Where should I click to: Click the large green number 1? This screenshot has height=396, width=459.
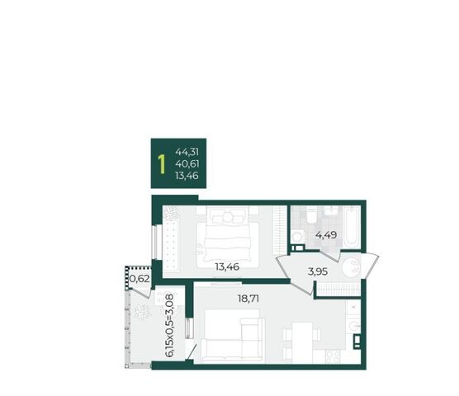(x=161, y=164)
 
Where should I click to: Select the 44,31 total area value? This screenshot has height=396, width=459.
(x=187, y=152)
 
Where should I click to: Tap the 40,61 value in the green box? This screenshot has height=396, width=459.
(x=187, y=164)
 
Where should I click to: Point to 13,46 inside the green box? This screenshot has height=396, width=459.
(x=187, y=176)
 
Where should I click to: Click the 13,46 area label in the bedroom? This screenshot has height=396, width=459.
(x=227, y=266)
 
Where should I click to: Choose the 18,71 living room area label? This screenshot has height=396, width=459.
(x=248, y=299)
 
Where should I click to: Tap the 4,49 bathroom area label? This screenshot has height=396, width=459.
(x=326, y=235)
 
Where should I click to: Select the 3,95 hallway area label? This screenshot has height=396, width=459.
(x=318, y=271)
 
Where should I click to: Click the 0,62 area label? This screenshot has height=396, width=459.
(x=140, y=279)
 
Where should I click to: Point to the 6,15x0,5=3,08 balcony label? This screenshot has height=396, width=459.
(x=169, y=325)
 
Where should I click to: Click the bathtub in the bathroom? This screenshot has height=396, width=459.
(x=352, y=227)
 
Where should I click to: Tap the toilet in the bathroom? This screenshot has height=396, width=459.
(x=311, y=215)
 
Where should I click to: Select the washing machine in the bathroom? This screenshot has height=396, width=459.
(x=298, y=237)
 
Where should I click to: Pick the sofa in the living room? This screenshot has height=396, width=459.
(x=233, y=337)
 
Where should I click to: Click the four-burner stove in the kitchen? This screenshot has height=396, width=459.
(x=334, y=356)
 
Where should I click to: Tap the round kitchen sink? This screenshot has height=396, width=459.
(x=353, y=326)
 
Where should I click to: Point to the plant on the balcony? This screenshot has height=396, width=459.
(x=142, y=313)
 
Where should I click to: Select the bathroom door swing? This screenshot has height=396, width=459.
(x=329, y=255)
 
